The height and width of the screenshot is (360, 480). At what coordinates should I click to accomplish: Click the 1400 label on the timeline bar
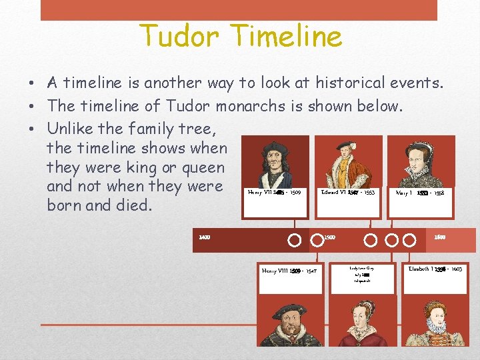(x=205, y=237)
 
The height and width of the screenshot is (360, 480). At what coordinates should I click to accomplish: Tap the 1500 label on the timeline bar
(x=329, y=237)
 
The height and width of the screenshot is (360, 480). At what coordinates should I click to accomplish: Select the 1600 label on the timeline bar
(x=440, y=237)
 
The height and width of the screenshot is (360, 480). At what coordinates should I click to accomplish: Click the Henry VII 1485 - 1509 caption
(x=274, y=192)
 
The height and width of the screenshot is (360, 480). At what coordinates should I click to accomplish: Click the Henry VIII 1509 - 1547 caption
(x=290, y=271)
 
